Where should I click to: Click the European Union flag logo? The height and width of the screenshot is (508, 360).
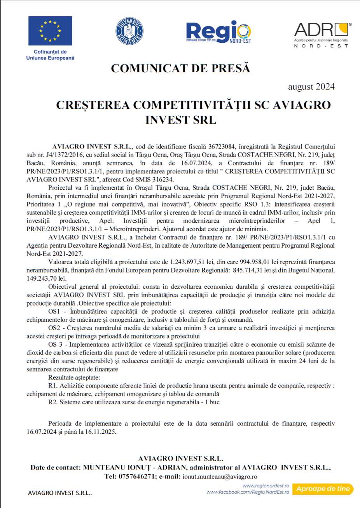(x=50, y=31)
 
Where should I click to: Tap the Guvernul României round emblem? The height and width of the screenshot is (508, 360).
(x=129, y=31)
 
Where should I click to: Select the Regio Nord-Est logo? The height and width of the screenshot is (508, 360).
(x=218, y=32)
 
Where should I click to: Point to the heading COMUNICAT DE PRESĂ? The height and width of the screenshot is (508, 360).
(x=180, y=68)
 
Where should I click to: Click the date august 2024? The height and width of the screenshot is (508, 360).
(x=311, y=87)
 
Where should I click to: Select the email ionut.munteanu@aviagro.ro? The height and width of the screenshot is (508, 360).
(x=220, y=476)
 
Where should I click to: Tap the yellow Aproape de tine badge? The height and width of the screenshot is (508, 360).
(x=323, y=489)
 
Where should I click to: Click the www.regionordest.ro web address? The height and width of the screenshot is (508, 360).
(x=266, y=486)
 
